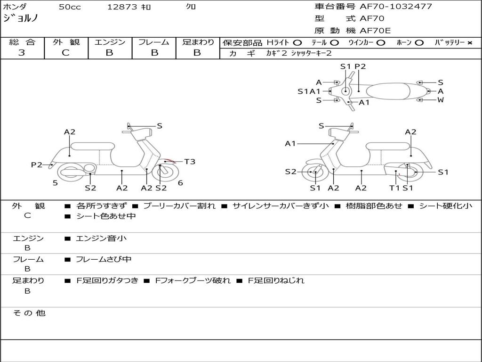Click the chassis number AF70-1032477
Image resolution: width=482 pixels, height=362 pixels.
click(x=396, y=7)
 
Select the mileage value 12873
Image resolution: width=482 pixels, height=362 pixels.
click(x=122, y=7)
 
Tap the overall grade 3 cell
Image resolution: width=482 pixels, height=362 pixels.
click(x=22, y=53)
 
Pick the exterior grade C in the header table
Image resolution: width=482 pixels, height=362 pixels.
click(x=65, y=53)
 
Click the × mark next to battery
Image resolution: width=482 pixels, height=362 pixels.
click(x=470, y=43)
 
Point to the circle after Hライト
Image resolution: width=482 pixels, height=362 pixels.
click(x=297, y=43)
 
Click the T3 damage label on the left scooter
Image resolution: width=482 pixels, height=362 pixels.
click(x=190, y=162)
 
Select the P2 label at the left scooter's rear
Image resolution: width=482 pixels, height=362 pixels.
click(x=37, y=165)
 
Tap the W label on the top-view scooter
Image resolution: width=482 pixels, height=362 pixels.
click(x=441, y=100)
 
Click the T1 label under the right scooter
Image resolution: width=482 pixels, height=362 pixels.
click(x=394, y=188)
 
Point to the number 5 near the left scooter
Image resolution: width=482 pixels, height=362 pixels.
click(x=55, y=183)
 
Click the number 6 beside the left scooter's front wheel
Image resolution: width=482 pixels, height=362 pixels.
click(x=180, y=183)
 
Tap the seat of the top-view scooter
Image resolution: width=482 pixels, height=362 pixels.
click(x=388, y=91)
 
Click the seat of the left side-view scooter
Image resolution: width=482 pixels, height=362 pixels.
click(x=93, y=146)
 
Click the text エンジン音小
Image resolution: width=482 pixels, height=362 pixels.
click(x=101, y=238)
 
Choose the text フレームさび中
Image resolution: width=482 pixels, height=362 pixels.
click(x=104, y=260)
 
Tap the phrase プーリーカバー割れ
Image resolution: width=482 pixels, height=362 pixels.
click(x=179, y=206)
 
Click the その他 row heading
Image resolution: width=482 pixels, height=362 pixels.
click(x=29, y=313)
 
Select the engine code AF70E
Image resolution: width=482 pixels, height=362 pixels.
click(x=375, y=31)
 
